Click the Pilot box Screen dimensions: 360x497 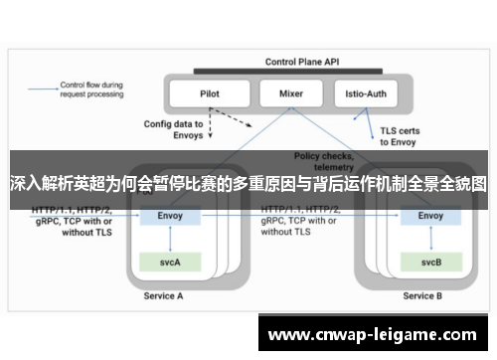pos(209,93)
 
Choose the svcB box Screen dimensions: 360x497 pos(430,262)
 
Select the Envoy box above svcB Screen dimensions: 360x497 pos(430,215)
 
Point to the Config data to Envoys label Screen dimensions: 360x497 pos(174,131)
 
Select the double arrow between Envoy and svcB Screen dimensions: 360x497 pos(430,239)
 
